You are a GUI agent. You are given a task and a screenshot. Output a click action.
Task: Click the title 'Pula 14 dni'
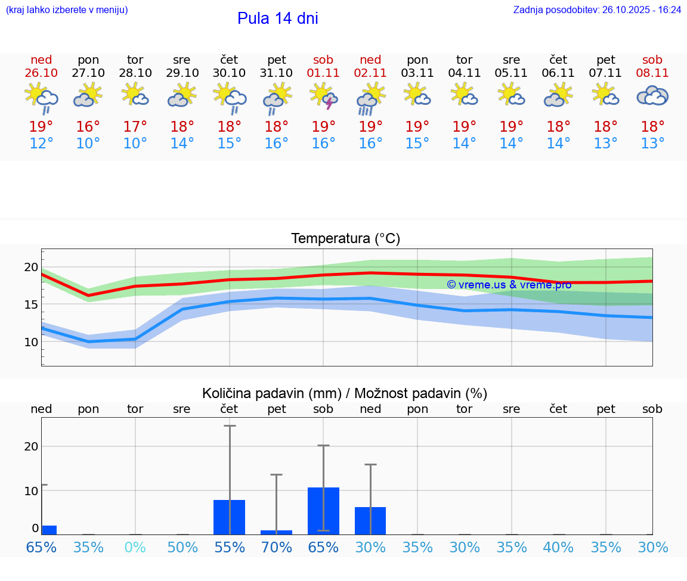pos(277,18)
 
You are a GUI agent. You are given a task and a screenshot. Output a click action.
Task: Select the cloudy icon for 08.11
pos(652,96)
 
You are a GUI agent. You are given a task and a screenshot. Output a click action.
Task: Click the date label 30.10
pos(229,73)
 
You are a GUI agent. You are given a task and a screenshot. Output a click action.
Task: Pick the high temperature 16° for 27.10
pos(88,127)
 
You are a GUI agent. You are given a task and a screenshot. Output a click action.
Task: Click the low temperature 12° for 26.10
pos(41,144)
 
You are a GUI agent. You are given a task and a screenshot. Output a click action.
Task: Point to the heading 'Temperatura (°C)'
pos(345,239)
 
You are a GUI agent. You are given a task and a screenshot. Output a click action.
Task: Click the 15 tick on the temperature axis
pos(31,305)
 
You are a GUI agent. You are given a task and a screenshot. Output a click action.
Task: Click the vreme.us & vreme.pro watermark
pos(509,285)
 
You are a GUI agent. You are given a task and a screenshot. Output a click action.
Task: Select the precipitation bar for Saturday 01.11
pos(323,511)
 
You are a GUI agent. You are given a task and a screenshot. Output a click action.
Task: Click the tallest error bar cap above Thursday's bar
pos(230,426)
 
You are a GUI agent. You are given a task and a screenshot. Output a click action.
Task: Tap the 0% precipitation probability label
pos(135,547)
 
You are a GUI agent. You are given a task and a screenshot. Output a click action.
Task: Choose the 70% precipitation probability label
pos(277,547)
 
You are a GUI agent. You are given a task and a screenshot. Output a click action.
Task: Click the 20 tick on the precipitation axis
pos(31,446)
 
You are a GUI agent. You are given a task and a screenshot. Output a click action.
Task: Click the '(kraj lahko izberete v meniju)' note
pos(67,10)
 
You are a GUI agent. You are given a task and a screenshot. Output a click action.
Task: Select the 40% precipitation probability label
pos(558,547)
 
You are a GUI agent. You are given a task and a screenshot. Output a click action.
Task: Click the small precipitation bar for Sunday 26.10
pos(49,530)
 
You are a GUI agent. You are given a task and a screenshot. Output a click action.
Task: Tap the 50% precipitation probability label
pos(182,547)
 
